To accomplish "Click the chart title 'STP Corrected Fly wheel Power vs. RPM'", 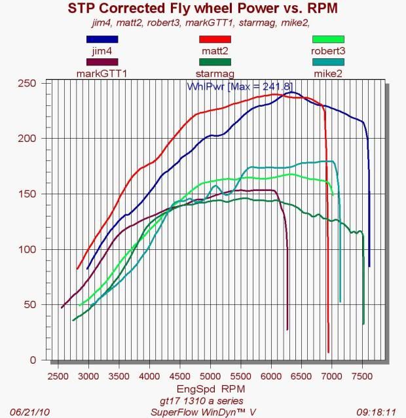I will coord(202,8).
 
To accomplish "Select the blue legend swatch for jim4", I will coord(101,39).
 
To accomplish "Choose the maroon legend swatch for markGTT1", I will coord(101,62).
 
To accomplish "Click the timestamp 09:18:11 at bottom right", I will coord(382,412).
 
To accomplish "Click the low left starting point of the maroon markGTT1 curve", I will coord(62,307).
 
